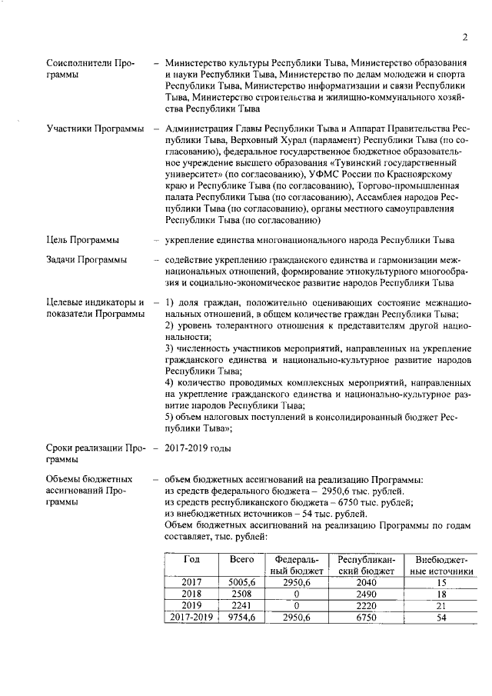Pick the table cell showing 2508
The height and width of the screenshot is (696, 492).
click(241, 594)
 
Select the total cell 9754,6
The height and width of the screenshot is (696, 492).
click(241, 617)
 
